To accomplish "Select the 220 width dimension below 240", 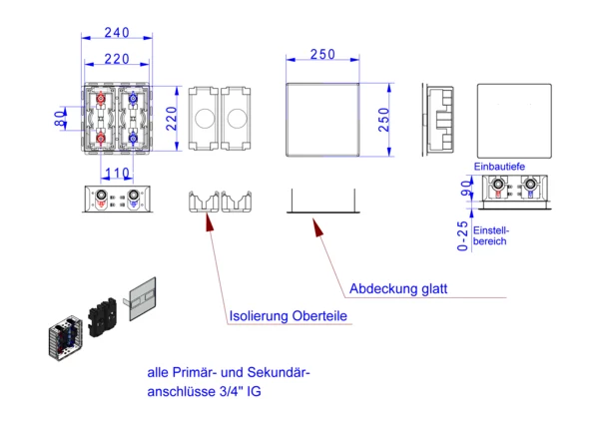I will point(116,60).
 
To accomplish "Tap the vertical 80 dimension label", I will point(60,118).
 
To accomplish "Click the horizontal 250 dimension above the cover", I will point(321,55).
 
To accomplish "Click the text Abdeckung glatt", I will point(397,289).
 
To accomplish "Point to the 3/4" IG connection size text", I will point(237,392).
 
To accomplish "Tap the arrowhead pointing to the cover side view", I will point(318,228).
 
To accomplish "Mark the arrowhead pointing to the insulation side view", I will point(208,220).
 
